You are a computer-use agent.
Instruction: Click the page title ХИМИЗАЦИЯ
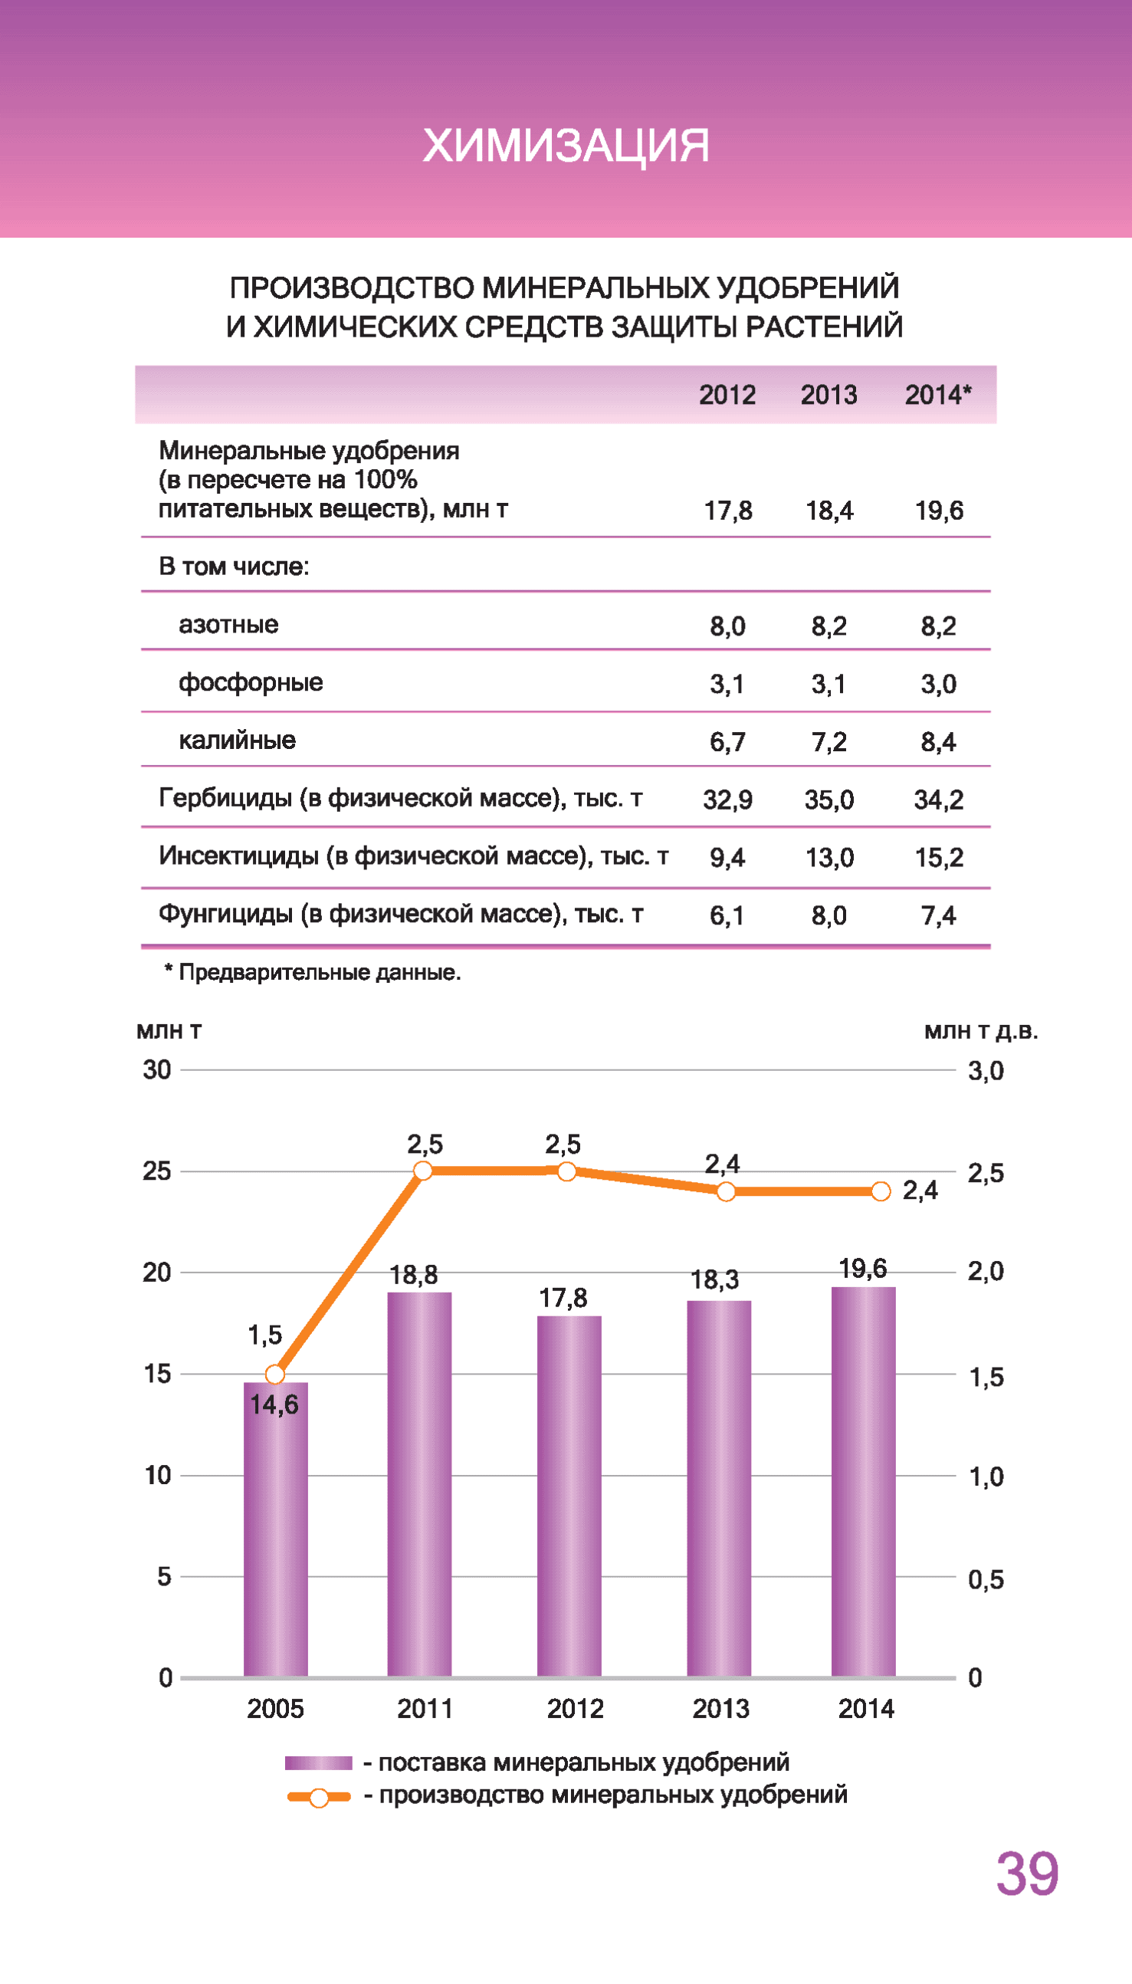pos(565,146)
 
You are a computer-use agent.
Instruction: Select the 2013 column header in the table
pos(828,395)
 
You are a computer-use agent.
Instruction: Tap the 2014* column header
pos(937,395)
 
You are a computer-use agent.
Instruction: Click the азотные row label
pos(228,624)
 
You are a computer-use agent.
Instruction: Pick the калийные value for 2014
pos(938,741)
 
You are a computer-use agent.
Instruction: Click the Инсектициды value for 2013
pos(828,858)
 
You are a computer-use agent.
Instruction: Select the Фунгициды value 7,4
pos(938,916)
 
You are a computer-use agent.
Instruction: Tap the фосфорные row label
pos(251,682)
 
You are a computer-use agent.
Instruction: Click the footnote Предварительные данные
pos(313,973)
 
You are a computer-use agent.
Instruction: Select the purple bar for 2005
pos(275,1532)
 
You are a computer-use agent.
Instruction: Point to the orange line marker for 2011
pos(423,1171)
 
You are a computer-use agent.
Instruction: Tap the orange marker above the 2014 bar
pos(881,1191)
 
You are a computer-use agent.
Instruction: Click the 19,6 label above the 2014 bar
pos(862,1269)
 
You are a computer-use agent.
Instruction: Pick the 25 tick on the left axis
pos(156,1171)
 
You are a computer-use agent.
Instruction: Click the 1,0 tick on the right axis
pos(986,1477)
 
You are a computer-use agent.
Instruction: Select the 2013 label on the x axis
pos(720,1709)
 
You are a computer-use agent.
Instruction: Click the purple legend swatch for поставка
pos(318,1763)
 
